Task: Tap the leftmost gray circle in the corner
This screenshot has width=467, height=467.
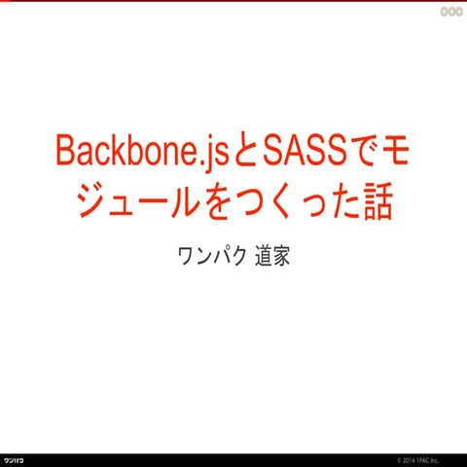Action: point(433,12)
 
